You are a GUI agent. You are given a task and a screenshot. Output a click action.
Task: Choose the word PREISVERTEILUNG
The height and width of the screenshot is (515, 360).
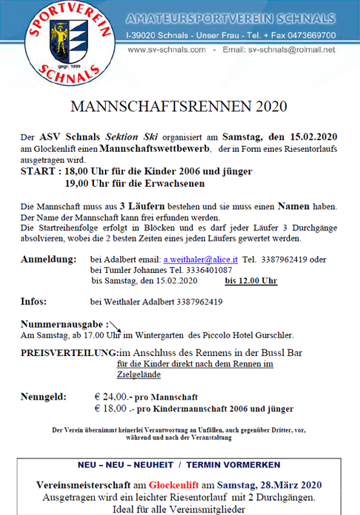coord(69,353)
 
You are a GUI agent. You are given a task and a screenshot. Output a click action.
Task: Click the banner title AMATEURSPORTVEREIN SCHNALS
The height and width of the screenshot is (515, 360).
coord(230,17)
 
